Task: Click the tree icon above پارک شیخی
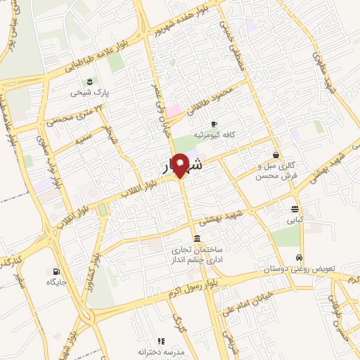tap(89, 79)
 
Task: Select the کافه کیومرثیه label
tap(214, 134)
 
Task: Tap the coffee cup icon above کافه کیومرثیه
tap(214, 123)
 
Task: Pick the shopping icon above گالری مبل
tap(276, 154)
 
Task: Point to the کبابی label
tap(294, 219)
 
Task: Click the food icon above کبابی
tap(294, 208)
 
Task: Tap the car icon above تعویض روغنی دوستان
tap(300, 257)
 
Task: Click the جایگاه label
tap(56, 283)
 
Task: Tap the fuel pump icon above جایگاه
tap(56, 271)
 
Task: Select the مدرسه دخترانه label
tap(160, 352)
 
